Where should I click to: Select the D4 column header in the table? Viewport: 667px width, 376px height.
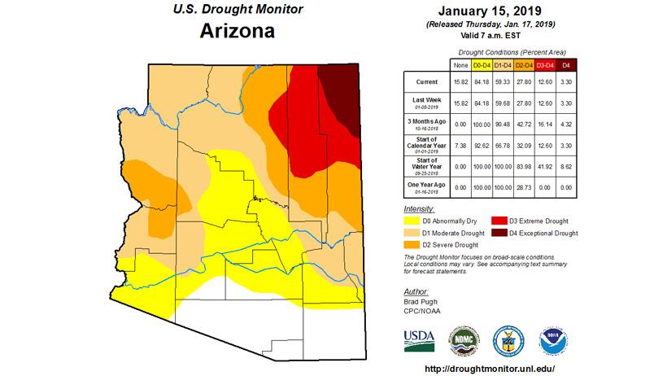(x=567, y=64)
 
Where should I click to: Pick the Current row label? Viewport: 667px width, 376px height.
(x=426, y=82)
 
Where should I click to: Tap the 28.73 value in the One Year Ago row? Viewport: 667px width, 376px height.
(x=523, y=187)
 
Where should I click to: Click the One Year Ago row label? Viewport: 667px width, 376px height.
(x=426, y=186)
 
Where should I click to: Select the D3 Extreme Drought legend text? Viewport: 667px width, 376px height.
(x=538, y=221)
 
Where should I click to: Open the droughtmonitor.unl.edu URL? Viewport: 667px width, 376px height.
(x=490, y=369)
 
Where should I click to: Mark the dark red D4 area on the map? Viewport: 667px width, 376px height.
(x=341, y=94)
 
